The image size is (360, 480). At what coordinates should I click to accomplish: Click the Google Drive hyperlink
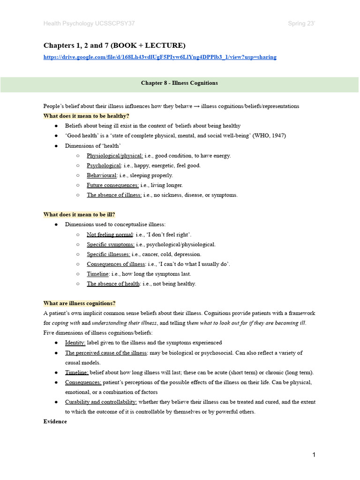point(160,57)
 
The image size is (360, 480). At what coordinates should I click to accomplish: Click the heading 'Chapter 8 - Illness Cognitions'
point(180,83)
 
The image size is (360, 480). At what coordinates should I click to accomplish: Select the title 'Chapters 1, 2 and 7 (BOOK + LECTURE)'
point(114,45)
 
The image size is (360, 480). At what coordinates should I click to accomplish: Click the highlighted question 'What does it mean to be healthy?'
point(86,116)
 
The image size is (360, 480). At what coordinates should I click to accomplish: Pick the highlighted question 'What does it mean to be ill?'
point(79,215)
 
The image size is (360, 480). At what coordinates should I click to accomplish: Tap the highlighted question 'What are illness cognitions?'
point(79,303)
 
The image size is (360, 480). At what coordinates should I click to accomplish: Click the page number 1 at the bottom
point(314,455)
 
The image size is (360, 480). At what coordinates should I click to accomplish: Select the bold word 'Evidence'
point(55,421)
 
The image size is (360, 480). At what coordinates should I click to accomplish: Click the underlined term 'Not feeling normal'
point(110,234)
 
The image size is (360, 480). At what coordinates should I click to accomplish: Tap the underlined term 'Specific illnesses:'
point(108,254)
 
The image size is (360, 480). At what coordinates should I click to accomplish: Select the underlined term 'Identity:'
point(75,343)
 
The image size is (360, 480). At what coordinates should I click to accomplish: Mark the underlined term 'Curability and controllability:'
point(101,402)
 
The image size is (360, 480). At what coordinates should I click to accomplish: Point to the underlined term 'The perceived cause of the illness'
point(106,352)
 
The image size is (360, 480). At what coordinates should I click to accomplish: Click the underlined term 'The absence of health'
point(113,284)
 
